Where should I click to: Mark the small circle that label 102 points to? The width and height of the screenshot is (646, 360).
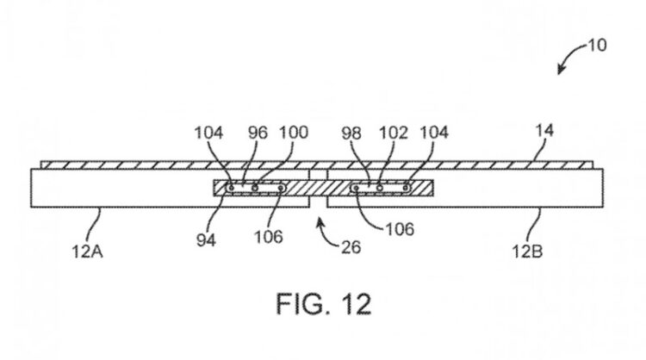point(380,186)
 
